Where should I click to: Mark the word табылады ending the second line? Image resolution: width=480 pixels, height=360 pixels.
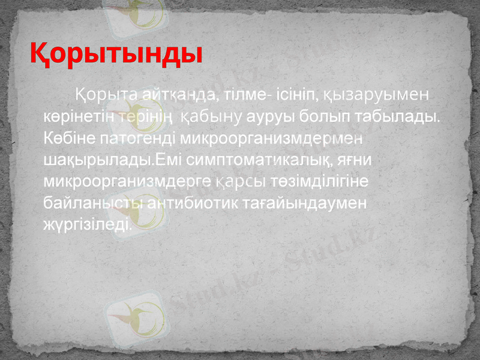click(396, 116)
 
